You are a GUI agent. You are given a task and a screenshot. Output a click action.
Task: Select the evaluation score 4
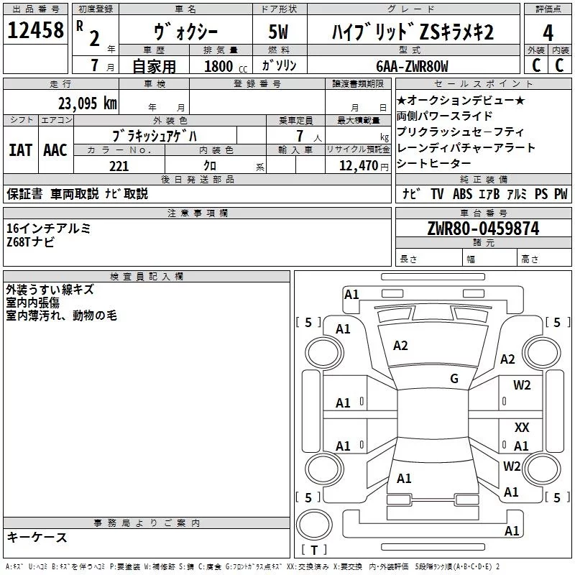coord(548,33)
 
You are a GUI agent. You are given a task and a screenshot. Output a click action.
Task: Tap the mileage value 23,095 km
coord(87,103)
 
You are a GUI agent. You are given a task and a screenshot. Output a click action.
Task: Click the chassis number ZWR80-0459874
coord(483,229)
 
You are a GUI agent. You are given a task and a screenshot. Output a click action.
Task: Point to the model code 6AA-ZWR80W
coord(412,66)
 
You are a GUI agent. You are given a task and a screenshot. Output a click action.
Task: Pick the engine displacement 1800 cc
coord(224,66)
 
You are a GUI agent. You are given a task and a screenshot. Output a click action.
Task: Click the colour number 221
coord(119,166)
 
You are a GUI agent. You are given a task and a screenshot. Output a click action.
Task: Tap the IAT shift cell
coord(20,150)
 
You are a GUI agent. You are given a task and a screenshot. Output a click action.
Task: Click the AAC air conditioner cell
coord(55,150)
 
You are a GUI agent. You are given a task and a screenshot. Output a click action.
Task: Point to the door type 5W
coord(278,33)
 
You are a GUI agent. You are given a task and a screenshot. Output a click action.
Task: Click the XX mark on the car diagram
coord(522,427)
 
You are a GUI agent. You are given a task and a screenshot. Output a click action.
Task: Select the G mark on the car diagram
coord(454,379)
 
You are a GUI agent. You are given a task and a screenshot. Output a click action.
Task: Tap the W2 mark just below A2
coord(522,385)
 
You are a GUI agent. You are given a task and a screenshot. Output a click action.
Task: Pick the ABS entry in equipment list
coord(464,193)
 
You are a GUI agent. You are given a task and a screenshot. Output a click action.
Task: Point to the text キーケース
coord(37,537)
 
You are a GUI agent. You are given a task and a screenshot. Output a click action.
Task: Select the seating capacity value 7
coord(297,136)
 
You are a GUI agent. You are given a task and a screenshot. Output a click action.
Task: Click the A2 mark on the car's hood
coord(400,346)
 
